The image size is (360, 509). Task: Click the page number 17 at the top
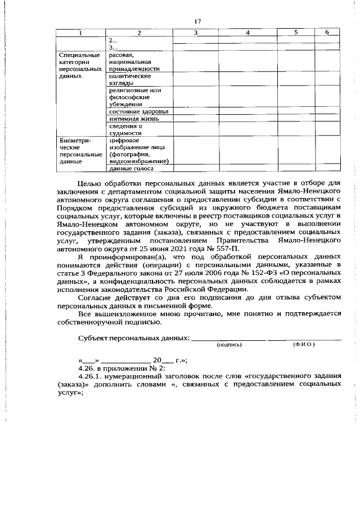[197, 21]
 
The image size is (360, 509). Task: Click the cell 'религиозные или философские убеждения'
[136, 96]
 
